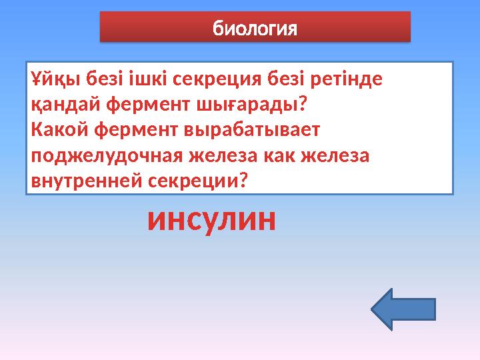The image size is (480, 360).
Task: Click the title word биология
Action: (x=254, y=29)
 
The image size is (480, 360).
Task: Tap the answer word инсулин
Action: (x=211, y=221)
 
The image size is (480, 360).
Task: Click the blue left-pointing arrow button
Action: (x=402, y=309)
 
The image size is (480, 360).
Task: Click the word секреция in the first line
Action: (x=217, y=80)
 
